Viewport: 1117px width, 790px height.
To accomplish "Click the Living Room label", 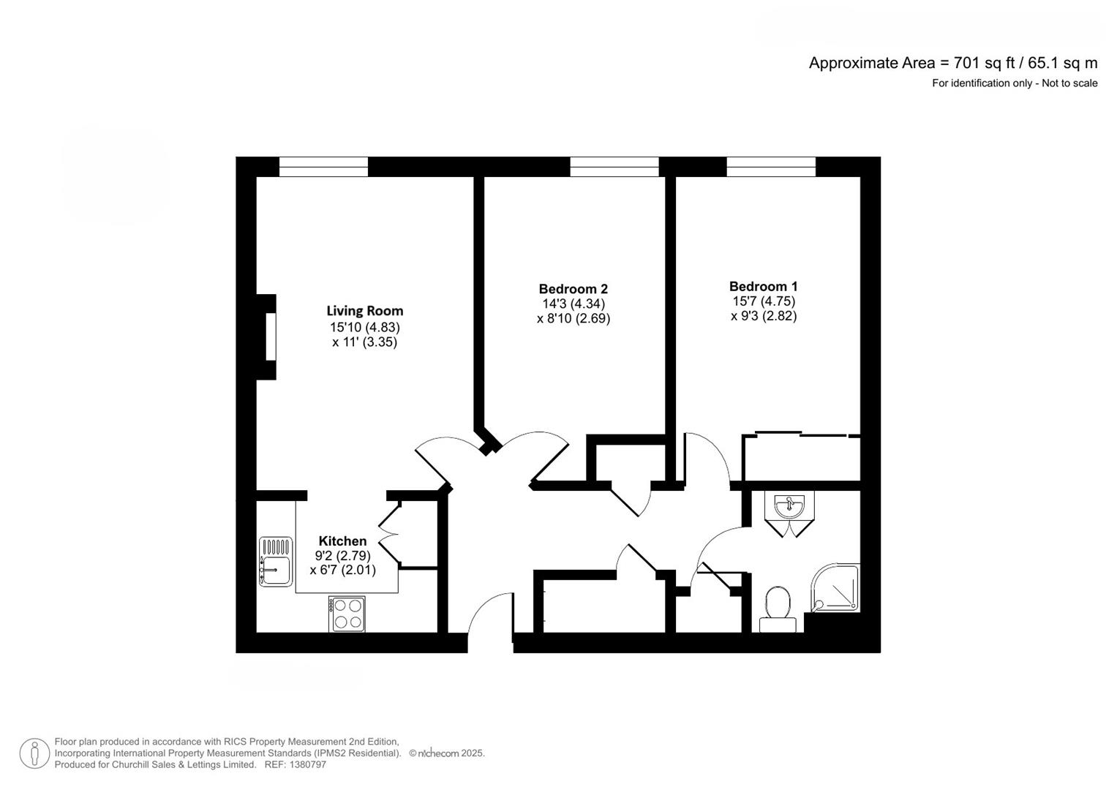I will click(x=364, y=311).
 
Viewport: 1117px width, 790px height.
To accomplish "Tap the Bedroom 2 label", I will click(x=573, y=289).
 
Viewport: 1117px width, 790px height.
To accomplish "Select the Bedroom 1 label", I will click(x=763, y=287).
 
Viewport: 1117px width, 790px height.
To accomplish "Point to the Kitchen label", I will click(x=342, y=541).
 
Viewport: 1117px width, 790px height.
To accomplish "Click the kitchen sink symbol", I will click(x=275, y=561).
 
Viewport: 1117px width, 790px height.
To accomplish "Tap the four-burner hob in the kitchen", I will click(x=348, y=614).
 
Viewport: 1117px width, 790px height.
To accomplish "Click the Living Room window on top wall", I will click(x=323, y=167).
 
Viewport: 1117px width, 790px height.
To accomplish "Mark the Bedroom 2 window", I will click(x=614, y=167).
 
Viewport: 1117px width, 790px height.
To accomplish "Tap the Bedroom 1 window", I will click(x=771, y=167).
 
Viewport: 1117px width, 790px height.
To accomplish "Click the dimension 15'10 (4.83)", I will click(x=364, y=328).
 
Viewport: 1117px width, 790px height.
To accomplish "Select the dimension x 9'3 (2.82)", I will click(x=763, y=316).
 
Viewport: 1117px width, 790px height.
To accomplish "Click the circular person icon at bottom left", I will click(x=34, y=753).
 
